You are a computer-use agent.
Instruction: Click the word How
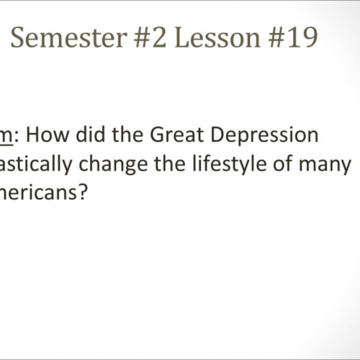42,135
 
